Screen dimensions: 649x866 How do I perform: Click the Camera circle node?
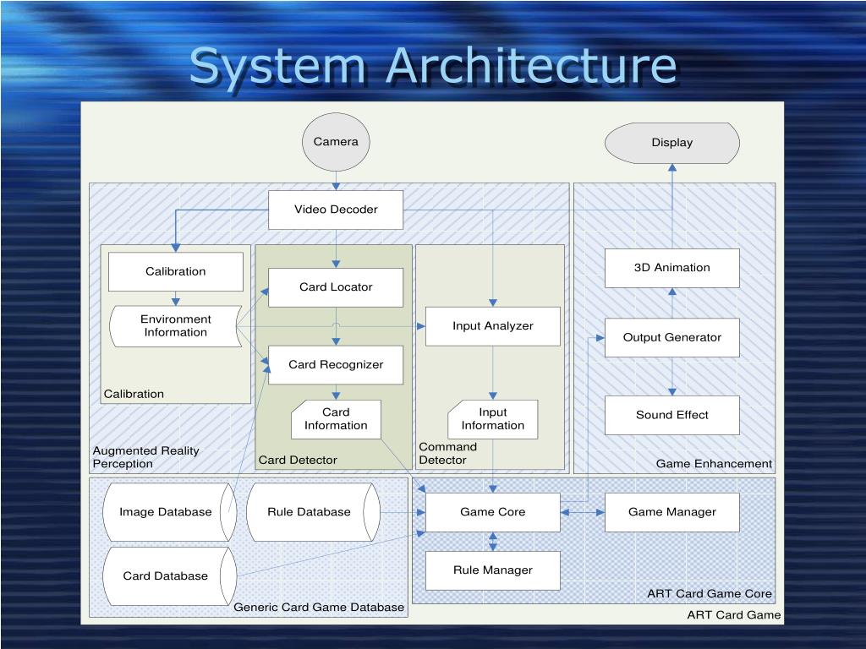336,142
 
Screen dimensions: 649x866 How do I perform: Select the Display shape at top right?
672,143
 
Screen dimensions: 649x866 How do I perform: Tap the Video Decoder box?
336,210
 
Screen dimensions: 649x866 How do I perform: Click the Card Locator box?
336,287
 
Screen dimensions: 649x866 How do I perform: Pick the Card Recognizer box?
336,365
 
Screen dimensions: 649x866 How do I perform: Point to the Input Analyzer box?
493,326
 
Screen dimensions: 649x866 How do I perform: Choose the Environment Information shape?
176,326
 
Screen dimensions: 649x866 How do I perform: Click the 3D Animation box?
672,268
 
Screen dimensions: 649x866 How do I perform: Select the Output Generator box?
672,337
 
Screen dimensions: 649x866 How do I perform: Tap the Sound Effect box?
672,415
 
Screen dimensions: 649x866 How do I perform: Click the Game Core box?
493,512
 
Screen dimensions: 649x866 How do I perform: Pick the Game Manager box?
672,512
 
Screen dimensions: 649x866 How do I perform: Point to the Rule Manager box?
493,570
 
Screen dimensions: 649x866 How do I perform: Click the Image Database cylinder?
167,512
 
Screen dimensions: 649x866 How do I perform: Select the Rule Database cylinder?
310,512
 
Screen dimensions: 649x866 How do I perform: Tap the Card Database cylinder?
167,576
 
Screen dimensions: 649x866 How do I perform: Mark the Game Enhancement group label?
714,464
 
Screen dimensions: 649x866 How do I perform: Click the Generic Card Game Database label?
319,608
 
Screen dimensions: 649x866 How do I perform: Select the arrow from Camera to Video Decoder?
336,181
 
